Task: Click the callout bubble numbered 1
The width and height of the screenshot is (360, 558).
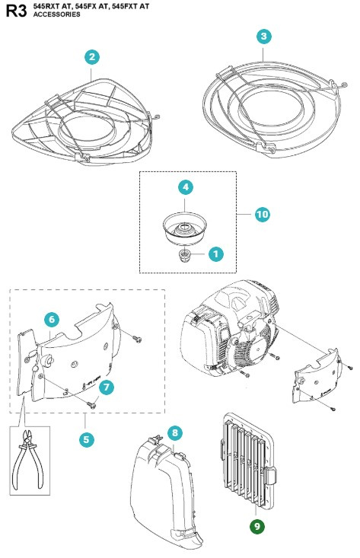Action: tap(216, 254)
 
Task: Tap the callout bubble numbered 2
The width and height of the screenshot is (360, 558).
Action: tap(92, 57)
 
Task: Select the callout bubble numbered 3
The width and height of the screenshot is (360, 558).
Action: tap(263, 36)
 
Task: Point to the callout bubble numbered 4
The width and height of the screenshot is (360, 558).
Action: tap(186, 187)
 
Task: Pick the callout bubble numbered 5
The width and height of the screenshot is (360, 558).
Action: tap(87, 439)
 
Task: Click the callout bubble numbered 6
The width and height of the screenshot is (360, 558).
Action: tap(52, 319)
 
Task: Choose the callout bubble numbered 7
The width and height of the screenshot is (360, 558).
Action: tap(107, 387)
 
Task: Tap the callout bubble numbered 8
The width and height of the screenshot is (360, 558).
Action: tap(174, 432)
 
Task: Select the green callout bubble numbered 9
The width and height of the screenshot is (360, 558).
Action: tap(257, 526)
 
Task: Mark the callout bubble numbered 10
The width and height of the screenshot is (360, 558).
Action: tap(263, 214)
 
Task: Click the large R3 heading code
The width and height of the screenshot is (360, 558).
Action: tap(17, 11)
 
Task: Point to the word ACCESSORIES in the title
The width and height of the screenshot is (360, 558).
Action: tap(56, 14)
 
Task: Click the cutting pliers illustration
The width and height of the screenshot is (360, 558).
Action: tap(28, 460)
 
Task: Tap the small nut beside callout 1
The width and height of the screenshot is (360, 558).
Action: tap(184, 255)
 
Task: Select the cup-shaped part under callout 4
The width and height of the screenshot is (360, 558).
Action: tap(185, 228)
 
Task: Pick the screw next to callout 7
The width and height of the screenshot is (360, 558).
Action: tap(91, 405)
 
